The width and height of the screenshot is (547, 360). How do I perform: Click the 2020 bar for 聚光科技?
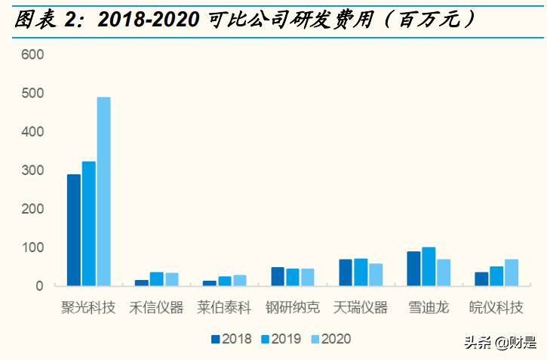[x=103, y=192]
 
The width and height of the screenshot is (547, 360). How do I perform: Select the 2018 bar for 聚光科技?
[x=74, y=230]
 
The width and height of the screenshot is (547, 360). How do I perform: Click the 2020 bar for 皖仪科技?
[x=512, y=272]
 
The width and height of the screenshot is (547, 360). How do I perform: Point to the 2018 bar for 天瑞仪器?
[x=346, y=272]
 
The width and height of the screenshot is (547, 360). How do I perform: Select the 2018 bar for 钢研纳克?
[x=278, y=276]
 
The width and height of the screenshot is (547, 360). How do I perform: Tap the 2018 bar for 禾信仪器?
[x=142, y=283]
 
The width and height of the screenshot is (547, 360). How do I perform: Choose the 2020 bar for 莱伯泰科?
[x=240, y=280]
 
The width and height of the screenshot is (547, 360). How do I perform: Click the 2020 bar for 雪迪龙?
[x=444, y=272]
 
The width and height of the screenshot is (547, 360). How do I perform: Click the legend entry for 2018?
[x=232, y=339]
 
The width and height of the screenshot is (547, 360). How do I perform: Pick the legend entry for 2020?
[x=330, y=339]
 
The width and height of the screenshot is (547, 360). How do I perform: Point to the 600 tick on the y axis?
[x=33, y=55]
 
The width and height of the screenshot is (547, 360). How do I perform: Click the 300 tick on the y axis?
[x=33, y=171]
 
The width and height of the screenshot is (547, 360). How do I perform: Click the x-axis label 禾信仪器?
[x=156, y=308]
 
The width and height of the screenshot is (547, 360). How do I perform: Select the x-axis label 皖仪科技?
[x=496, y=308]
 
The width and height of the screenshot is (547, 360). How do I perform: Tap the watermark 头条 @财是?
[x=500, y=343]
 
